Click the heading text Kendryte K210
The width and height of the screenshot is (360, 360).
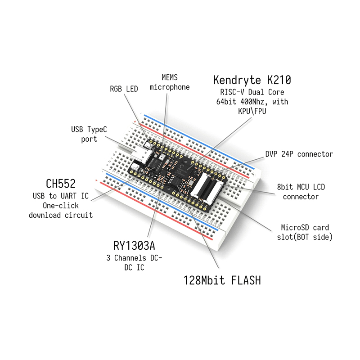tap(252, 81)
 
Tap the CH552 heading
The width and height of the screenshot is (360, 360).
tap(61, 184)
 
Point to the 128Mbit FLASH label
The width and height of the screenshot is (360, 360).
tap(222, 280)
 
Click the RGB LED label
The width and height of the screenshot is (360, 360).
tap(124, 89)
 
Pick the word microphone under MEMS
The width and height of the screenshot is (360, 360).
tap(170, 87)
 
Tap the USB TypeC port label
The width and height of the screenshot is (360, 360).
tap(89, 134)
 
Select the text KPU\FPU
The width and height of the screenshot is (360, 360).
tap(251, 111)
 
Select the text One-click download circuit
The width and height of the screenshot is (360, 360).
tap(61, 210)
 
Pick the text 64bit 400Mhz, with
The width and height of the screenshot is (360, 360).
tap(252, 102)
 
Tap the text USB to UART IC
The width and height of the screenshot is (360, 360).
tap(61, 196)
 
